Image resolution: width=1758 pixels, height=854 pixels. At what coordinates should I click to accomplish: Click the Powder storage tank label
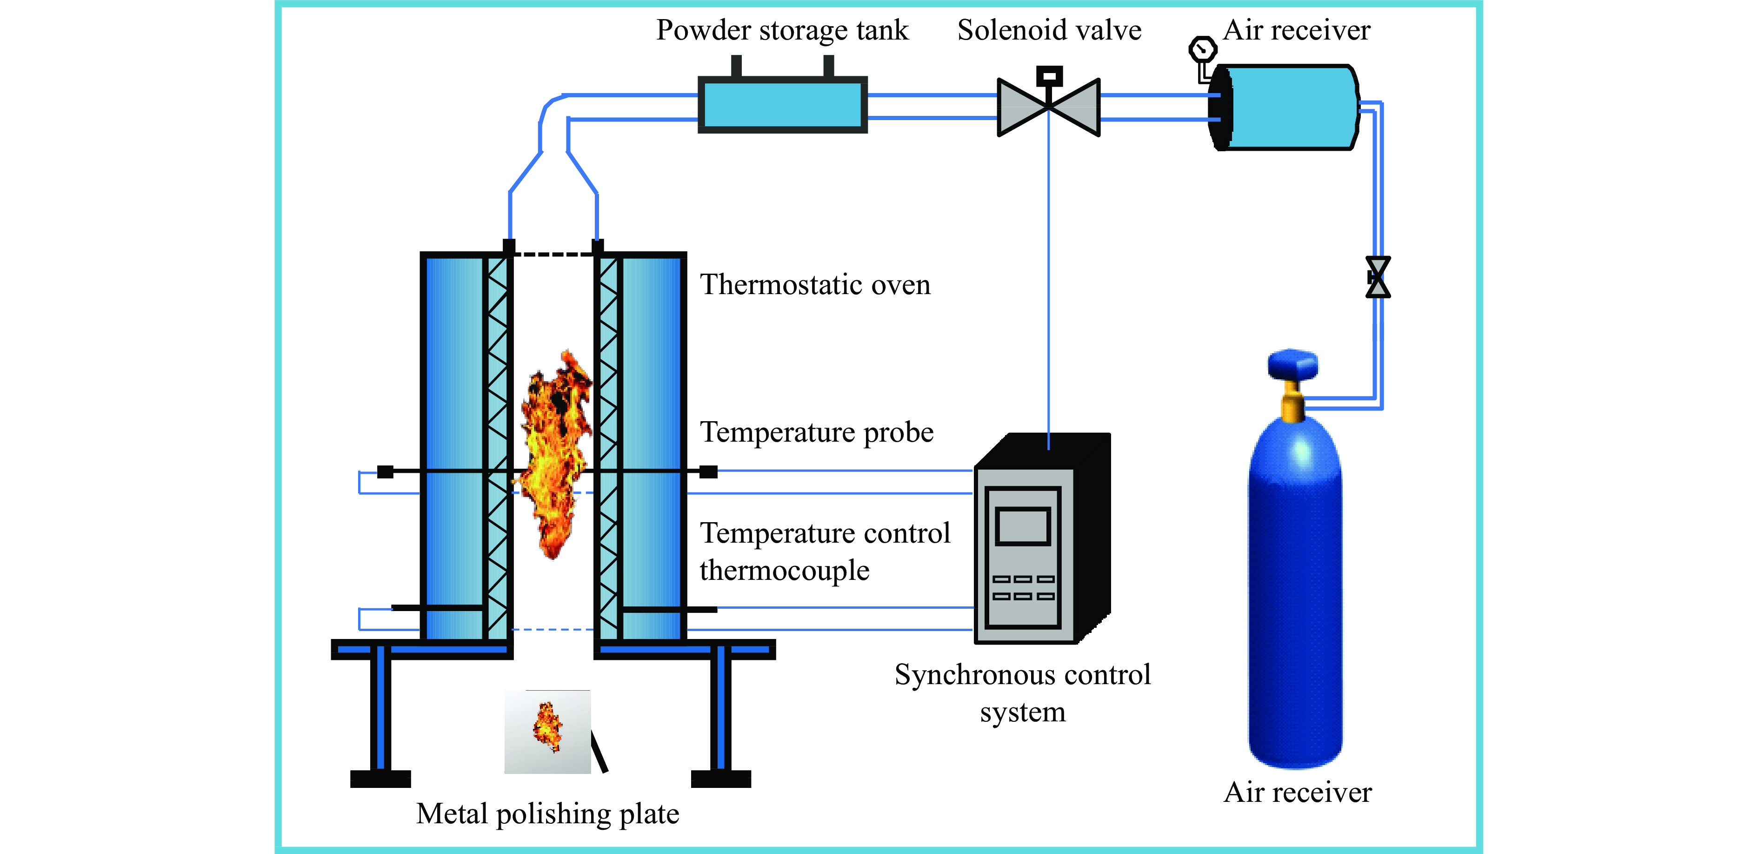(782, 30)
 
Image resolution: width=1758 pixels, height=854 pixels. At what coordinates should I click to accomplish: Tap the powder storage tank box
(783, 104)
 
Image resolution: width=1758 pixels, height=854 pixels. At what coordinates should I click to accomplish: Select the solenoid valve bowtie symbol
(1048, 107)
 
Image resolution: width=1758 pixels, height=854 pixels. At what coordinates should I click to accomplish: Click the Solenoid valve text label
(1049, 30)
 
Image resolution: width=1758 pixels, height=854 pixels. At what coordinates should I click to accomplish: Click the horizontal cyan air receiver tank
(1286, 107)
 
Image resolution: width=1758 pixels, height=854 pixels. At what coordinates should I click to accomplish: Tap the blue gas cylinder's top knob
(1292, 363)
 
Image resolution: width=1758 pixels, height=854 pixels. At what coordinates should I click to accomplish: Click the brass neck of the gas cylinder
(1292, 403)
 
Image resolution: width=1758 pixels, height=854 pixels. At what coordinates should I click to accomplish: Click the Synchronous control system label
(1022, 692)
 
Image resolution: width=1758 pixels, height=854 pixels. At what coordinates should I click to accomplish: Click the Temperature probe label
(816, 432)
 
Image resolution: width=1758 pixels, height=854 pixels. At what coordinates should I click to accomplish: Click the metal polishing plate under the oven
(547, 731)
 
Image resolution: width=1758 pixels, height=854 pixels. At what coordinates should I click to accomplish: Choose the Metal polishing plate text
(547, 814)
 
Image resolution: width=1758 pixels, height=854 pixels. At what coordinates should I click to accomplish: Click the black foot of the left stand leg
(380, 778)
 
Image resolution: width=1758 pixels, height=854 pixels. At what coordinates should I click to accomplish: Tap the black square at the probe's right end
(708, 471)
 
